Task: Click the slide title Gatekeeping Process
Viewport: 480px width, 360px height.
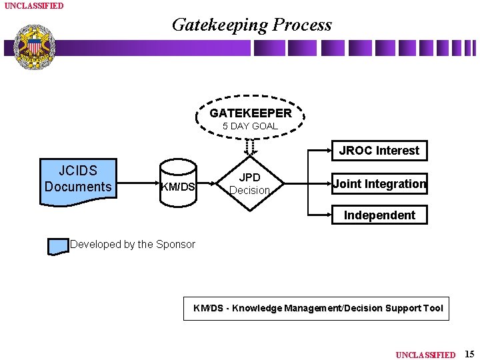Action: pyautogui.click(x=251, y=25)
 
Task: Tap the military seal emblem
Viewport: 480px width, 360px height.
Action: pyautogui.click(x=34, y=47)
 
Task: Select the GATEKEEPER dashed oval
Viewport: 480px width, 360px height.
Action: pyautogui.click(x=250, y=118)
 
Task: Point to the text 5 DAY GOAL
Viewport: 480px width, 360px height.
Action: pyautogui.click(x=250, y=126)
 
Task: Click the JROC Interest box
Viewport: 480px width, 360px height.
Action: pyautogui.click(x=379, y=151)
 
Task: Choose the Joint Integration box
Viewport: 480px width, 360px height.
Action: pyautogui.click(x=379, y=183)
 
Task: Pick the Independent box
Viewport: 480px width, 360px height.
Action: pyautogui.click(x=379, y=215)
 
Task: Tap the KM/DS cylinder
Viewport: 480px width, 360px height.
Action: pyautogui.click(x=178, y=186)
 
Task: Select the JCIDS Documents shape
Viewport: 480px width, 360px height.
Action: pyautogui.click(x=78, y=179)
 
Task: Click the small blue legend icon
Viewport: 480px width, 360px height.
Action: pyautogui.click(x=58, y=245)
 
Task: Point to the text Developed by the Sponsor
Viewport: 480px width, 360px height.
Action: pyautogui.click(x=133, y=244)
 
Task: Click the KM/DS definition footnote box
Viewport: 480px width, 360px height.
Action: pyautogui.click(x=317, y=308)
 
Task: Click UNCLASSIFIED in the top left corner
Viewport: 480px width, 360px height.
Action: pyautogui.click(x=34, y=6)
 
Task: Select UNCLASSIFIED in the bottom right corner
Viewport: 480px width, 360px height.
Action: pyautogui.click(x=425, y=355)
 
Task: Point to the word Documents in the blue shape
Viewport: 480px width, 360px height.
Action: pyautogui.click(x=78, y=187)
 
